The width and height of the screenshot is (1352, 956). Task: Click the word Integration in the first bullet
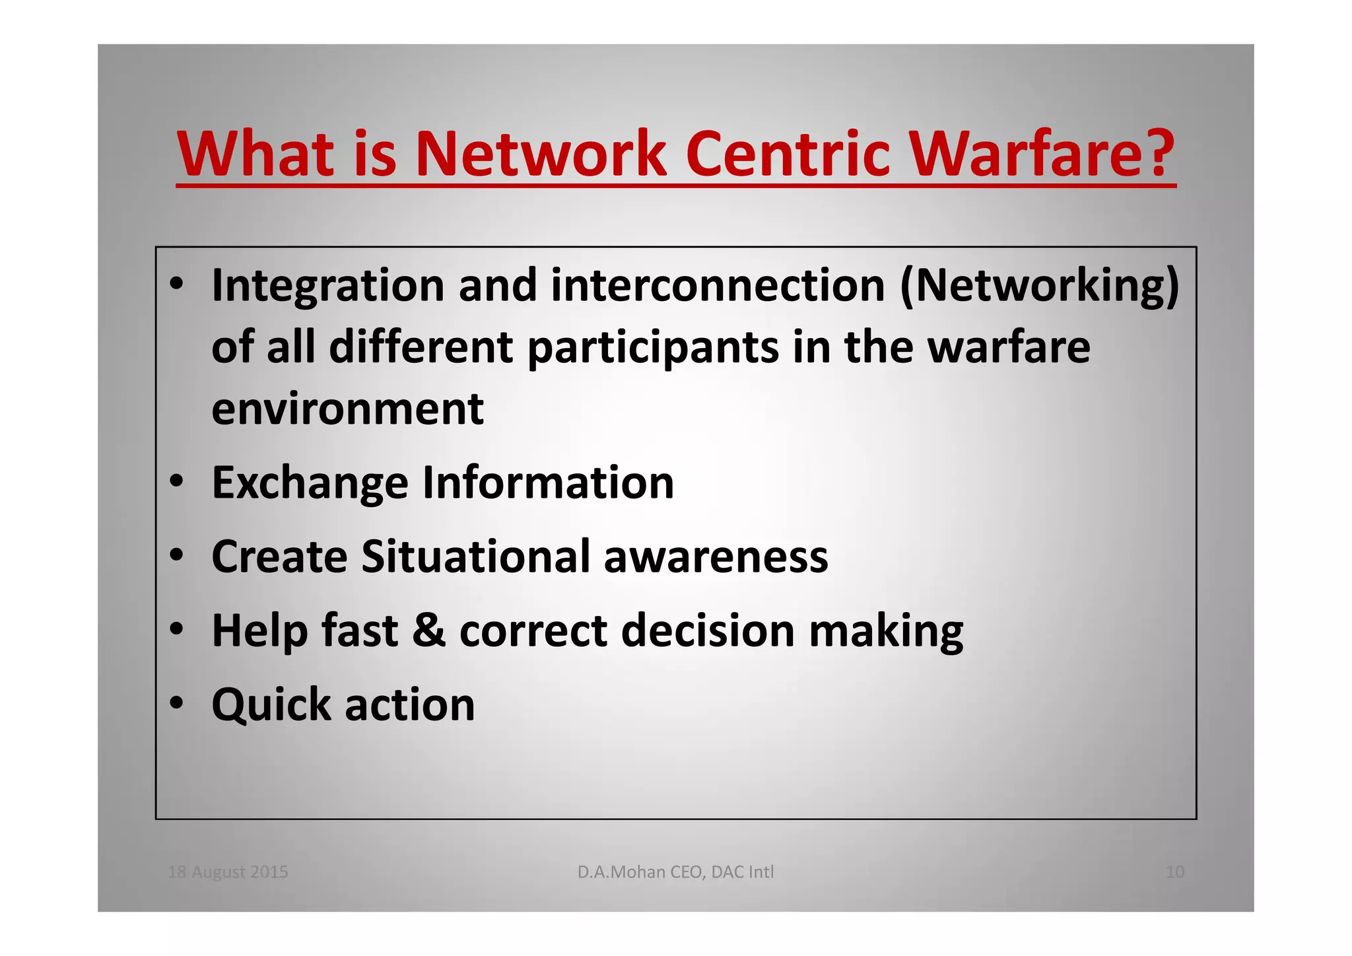[x=327, y=287]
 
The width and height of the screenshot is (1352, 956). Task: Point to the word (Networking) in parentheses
[x=1039, y=287]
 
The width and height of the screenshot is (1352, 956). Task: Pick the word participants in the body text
[x=653, y=349]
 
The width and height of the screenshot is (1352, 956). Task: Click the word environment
[x=347, y=409]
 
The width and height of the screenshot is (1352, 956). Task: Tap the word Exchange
[x=310, y=483]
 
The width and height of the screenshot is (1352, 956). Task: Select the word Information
[x=548, y=483]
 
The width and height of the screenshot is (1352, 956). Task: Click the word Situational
[x=475, y=557]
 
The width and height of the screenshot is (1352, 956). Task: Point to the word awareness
[x=716, y=557]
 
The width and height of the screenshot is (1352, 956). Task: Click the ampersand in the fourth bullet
[x=428, y=631]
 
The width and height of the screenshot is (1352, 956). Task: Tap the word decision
[x=707, y=631]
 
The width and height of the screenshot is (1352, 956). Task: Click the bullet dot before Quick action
[x=176, y=704]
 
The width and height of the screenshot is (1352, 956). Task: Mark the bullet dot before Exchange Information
[x=176, y=482]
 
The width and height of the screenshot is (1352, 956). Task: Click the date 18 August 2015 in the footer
[x=228, y=872]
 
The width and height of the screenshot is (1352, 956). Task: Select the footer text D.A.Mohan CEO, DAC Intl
[x=675, y=872]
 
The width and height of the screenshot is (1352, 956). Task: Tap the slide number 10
[x=1174, y=872]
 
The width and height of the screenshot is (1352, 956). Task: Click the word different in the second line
[x=421, y=347]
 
